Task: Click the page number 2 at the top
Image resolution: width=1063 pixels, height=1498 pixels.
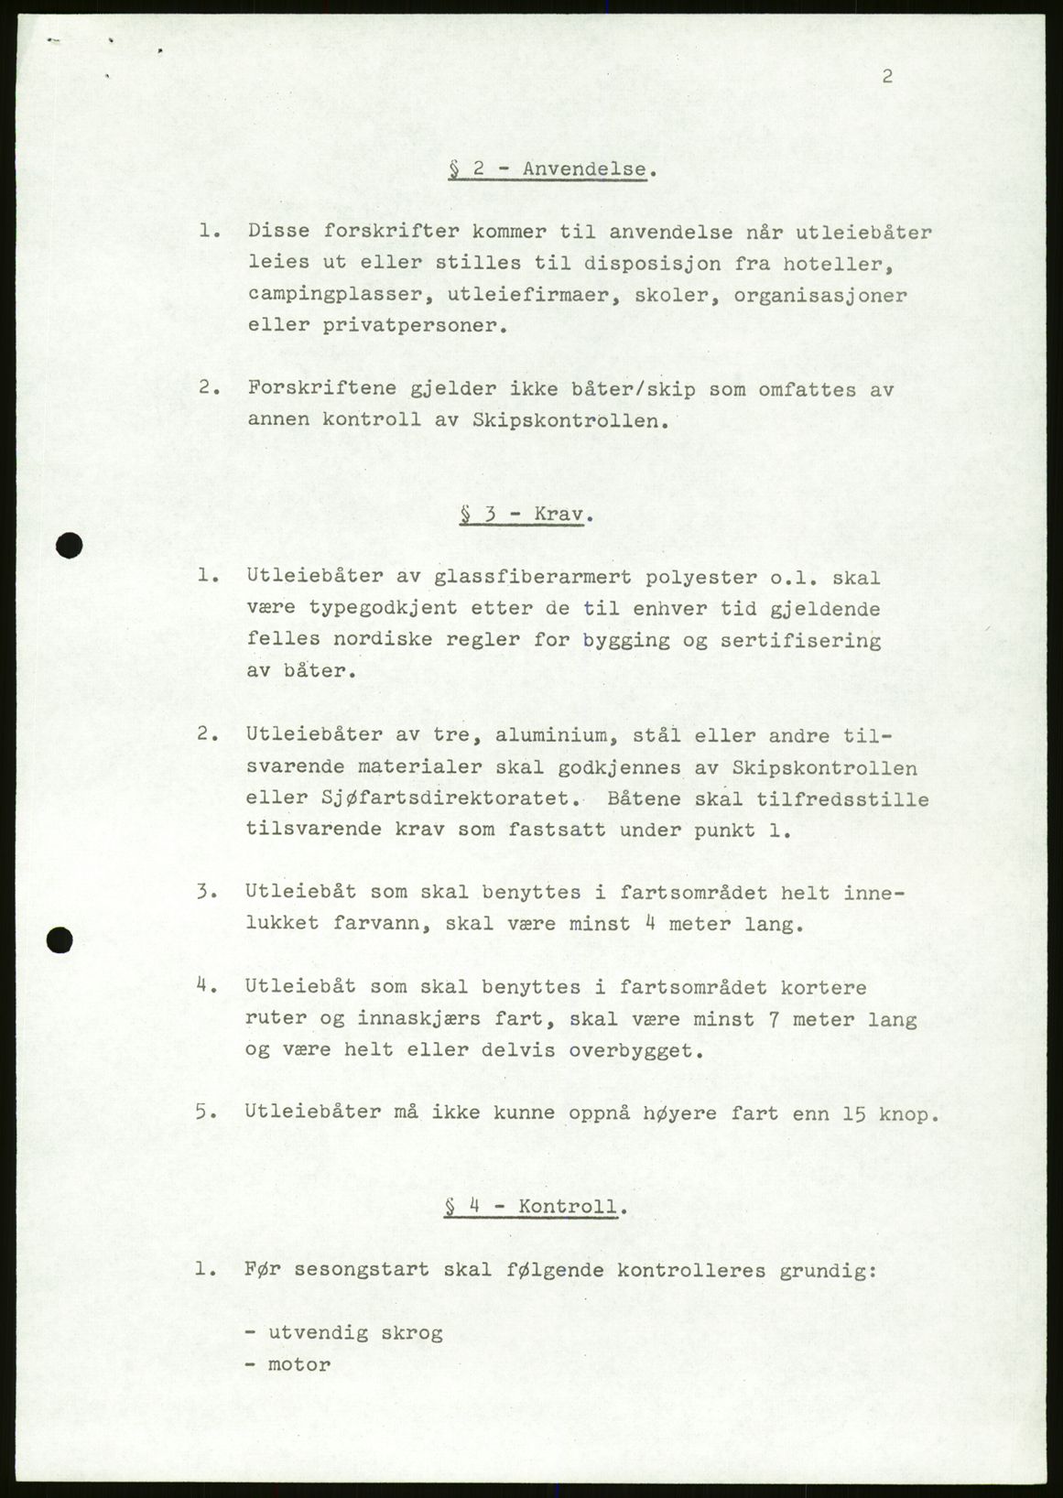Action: click(x=886, y=77)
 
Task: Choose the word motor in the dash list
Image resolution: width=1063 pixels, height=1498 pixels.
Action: click(x=298, y=1364)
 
